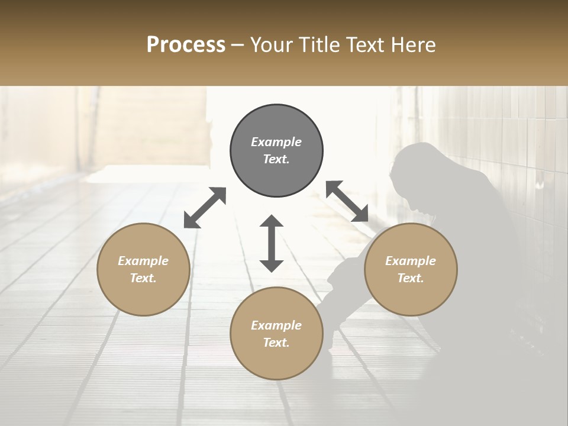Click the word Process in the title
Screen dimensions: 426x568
[x=186, y=44]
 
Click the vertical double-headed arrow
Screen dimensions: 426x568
[x=272, y=243]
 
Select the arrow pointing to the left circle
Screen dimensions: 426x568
[x=205, y=208]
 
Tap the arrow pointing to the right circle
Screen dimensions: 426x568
[x=347, y=201]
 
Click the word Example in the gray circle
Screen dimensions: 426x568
[x=276, y=142]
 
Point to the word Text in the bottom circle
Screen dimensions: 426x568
[x=276, y=343]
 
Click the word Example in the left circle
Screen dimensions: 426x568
[x=143, y=261]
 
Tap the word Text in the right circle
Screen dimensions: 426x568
[x=411, y=278]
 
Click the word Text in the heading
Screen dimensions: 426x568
[x=365, y=44]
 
